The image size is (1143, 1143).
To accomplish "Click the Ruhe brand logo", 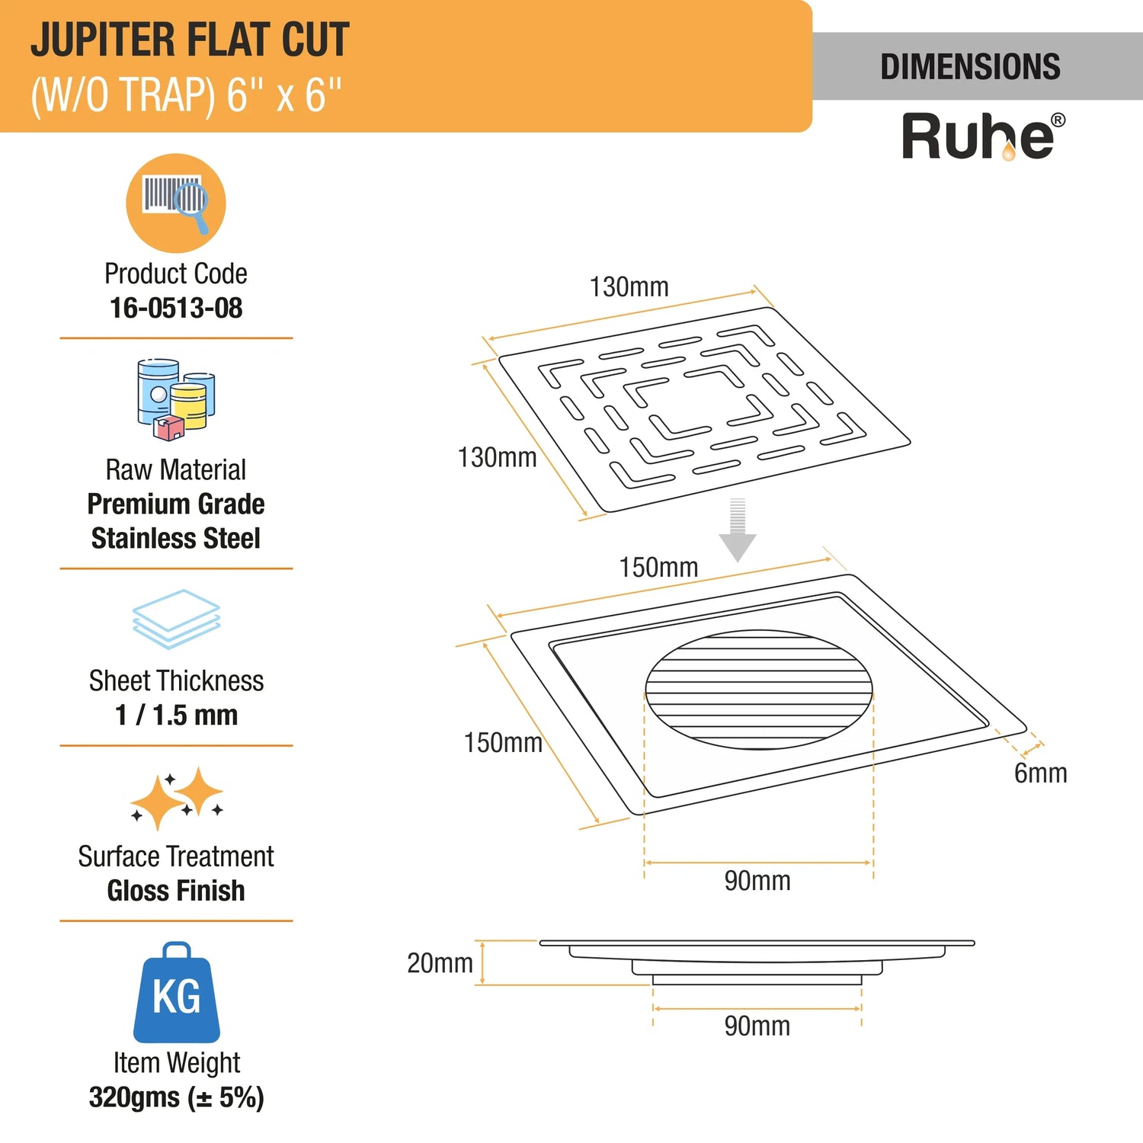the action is pos(983,136).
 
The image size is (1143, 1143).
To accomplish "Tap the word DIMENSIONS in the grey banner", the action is pos(970,67).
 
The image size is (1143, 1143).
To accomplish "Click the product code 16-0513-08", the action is pos(176,308).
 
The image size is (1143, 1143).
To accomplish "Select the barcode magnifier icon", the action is pos(176,203).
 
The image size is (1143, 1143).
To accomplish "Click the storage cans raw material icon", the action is pos(176,400).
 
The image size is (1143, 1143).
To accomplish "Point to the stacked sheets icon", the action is pos(176,619).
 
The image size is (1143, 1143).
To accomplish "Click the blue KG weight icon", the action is pos(177,992).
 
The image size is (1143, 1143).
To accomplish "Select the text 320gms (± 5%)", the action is pos(177,1097).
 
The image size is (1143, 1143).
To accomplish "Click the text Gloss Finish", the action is pos(176,890).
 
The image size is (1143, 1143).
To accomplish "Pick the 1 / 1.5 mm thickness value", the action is pos(177,715).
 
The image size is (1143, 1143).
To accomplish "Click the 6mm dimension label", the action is pos(1040,773).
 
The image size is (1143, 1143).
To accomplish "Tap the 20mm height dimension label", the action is pos(440,963).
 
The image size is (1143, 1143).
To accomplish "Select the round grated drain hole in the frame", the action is pos(759,690).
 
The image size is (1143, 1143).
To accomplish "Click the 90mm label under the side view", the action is pos(757,1026).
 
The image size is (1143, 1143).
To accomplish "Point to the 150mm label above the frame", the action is pos(658,568).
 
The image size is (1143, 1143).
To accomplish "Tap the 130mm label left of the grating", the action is pos(497,457).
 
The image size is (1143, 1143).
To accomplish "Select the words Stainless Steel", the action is pos(176,538).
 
